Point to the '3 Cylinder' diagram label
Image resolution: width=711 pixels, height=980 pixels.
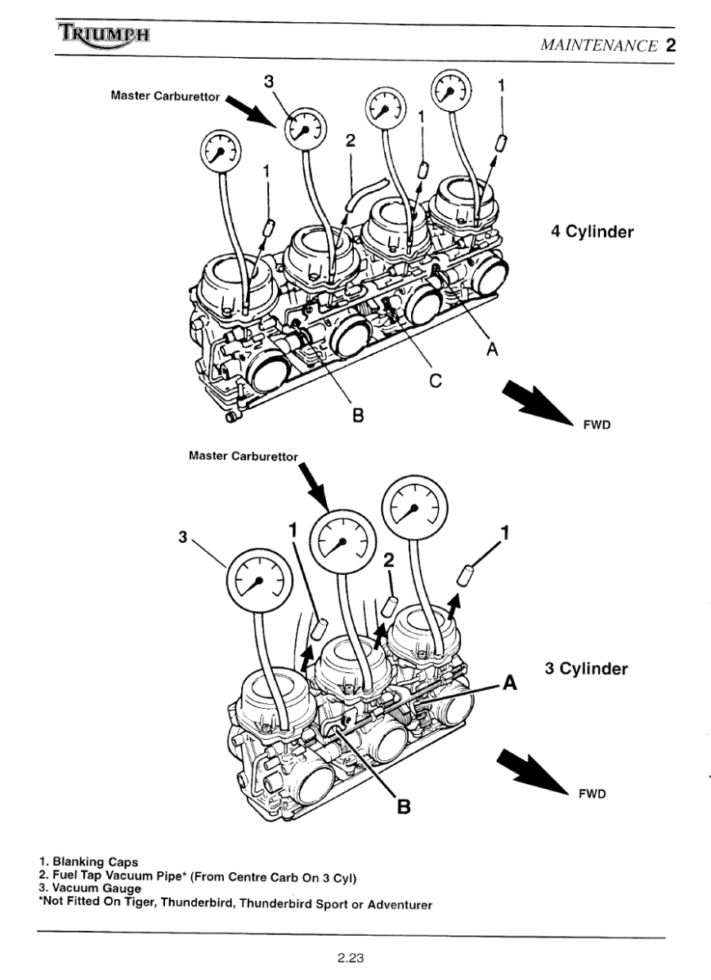[x=586, y=669]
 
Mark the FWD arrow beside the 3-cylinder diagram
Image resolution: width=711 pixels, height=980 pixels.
[x=531, y=771]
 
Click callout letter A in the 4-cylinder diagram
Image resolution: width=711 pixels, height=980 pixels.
[x=492, y=349]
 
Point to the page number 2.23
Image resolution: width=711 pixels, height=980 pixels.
[x=351, y=957]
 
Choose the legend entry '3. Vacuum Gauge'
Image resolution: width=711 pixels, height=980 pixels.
[x=90, y=888]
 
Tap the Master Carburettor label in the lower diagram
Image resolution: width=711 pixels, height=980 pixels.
[x=244, y=456]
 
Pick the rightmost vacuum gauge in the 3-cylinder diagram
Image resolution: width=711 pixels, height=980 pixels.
[x=414, y=510]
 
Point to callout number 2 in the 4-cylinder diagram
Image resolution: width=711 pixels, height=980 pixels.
[x=351, y=140]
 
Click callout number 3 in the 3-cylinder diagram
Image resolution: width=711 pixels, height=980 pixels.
[x=184, y=537]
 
